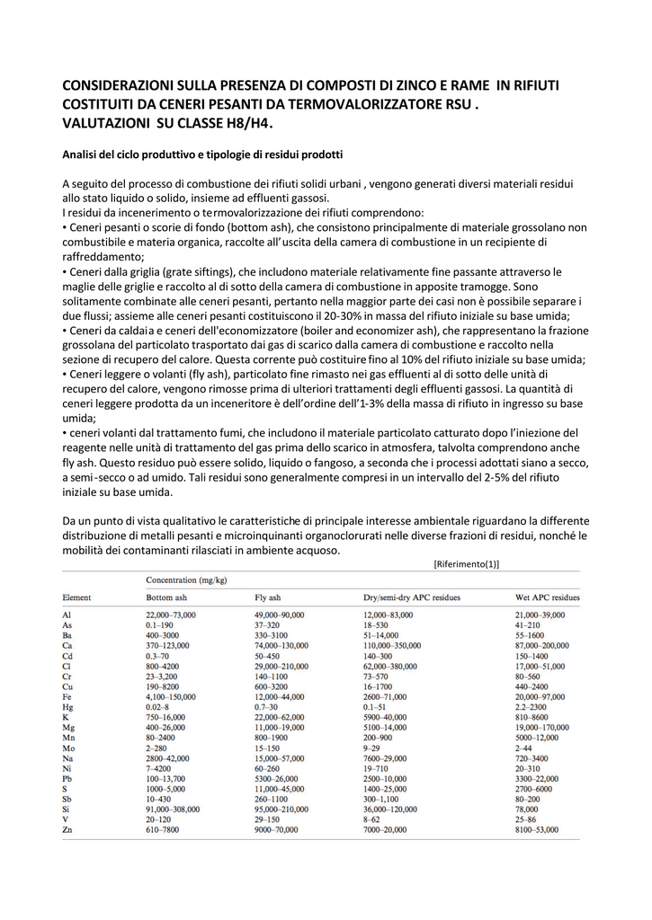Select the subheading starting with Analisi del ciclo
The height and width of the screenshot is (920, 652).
click(202, 154)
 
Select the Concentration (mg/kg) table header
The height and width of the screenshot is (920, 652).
click(186, 580)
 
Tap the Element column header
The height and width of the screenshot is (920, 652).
click(76, 597)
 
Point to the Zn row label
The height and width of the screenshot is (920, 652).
click(67, 829)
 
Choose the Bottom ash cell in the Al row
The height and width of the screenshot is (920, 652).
click(171, 614)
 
